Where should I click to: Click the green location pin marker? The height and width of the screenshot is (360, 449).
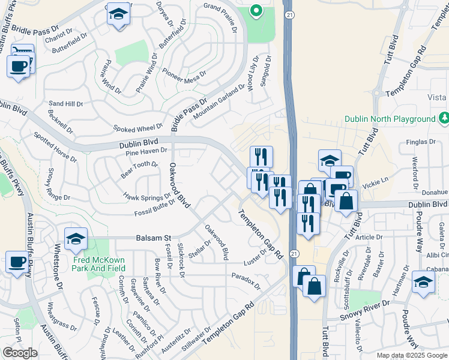(x=255, y=10)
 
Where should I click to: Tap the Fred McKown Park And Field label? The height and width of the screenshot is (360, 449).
(x=99, y=265)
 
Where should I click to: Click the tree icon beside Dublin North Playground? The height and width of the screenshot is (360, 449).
(x=444, y=118)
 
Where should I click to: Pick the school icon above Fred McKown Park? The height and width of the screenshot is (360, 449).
(x=76, y=239)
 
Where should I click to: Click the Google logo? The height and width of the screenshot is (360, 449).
(x=20, y=353)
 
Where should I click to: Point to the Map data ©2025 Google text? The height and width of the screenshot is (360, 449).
(x=412, y=355)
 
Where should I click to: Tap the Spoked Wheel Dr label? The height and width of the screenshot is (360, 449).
(x=138, y=128)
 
